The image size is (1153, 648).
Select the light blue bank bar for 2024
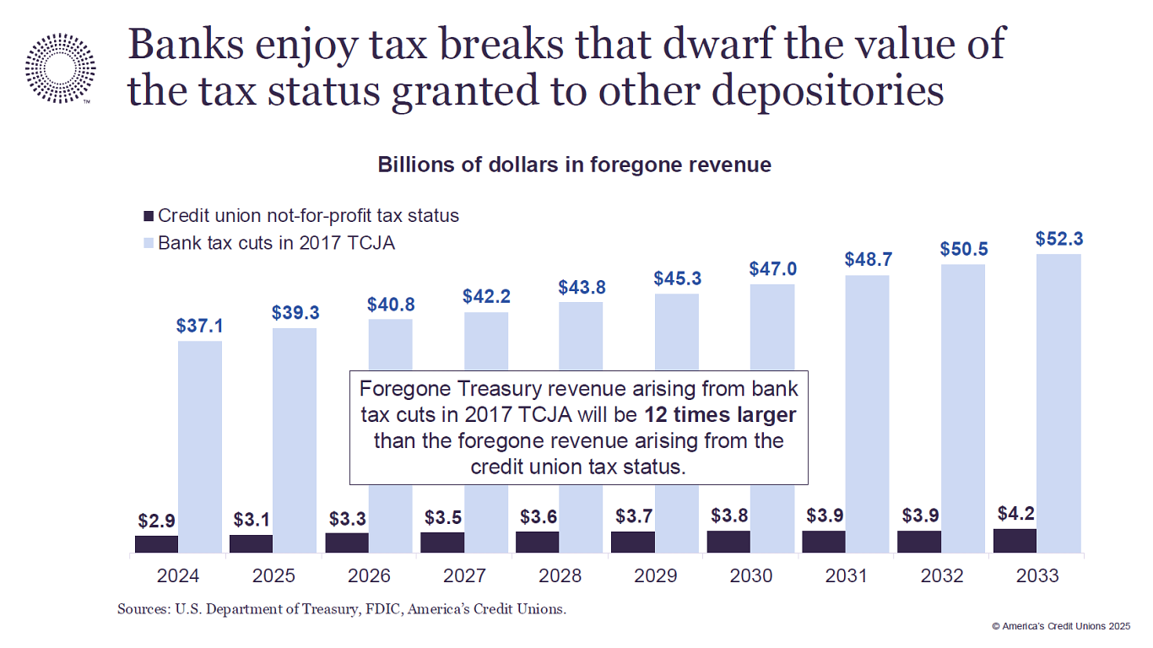pyautogui.click(x=200, y=446)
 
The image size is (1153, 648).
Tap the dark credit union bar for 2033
pyautogui.click(x=1015, y=541)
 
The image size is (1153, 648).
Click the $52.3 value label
pyautogui.click(x=1058, y=239)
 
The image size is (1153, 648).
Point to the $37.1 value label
pyautogui.click(x=200, y=326)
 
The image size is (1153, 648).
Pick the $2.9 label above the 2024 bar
pyautogui.click(x=156, y=521)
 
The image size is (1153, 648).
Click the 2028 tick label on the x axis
pyautogui.click(x=560, y=576)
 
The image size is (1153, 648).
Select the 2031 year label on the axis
pyautogui.click(x=846, y=576)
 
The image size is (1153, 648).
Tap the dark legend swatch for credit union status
pyautogui.click(x=149, y=216)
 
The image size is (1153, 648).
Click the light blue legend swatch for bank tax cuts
pyautogui.click(x=149, y=243)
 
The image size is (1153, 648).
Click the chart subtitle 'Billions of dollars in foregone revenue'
pyautogui.click(x=574, y=165)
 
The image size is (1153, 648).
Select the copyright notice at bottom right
pyautogui.click(x=1060, y=626)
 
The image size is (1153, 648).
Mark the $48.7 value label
pyautogui.click(x=868, y=260)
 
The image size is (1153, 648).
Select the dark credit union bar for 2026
pyautogui.click(x=347, y=543)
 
